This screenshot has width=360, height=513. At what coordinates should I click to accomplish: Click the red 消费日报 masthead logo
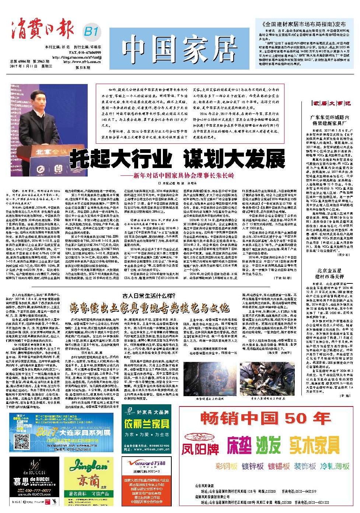[41, 30]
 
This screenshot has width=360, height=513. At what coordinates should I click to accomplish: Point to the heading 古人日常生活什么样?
[149, 296]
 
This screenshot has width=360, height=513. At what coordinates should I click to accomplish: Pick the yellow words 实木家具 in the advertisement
[314, 445]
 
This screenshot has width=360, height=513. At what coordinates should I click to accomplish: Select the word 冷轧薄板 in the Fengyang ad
[335, 467]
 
